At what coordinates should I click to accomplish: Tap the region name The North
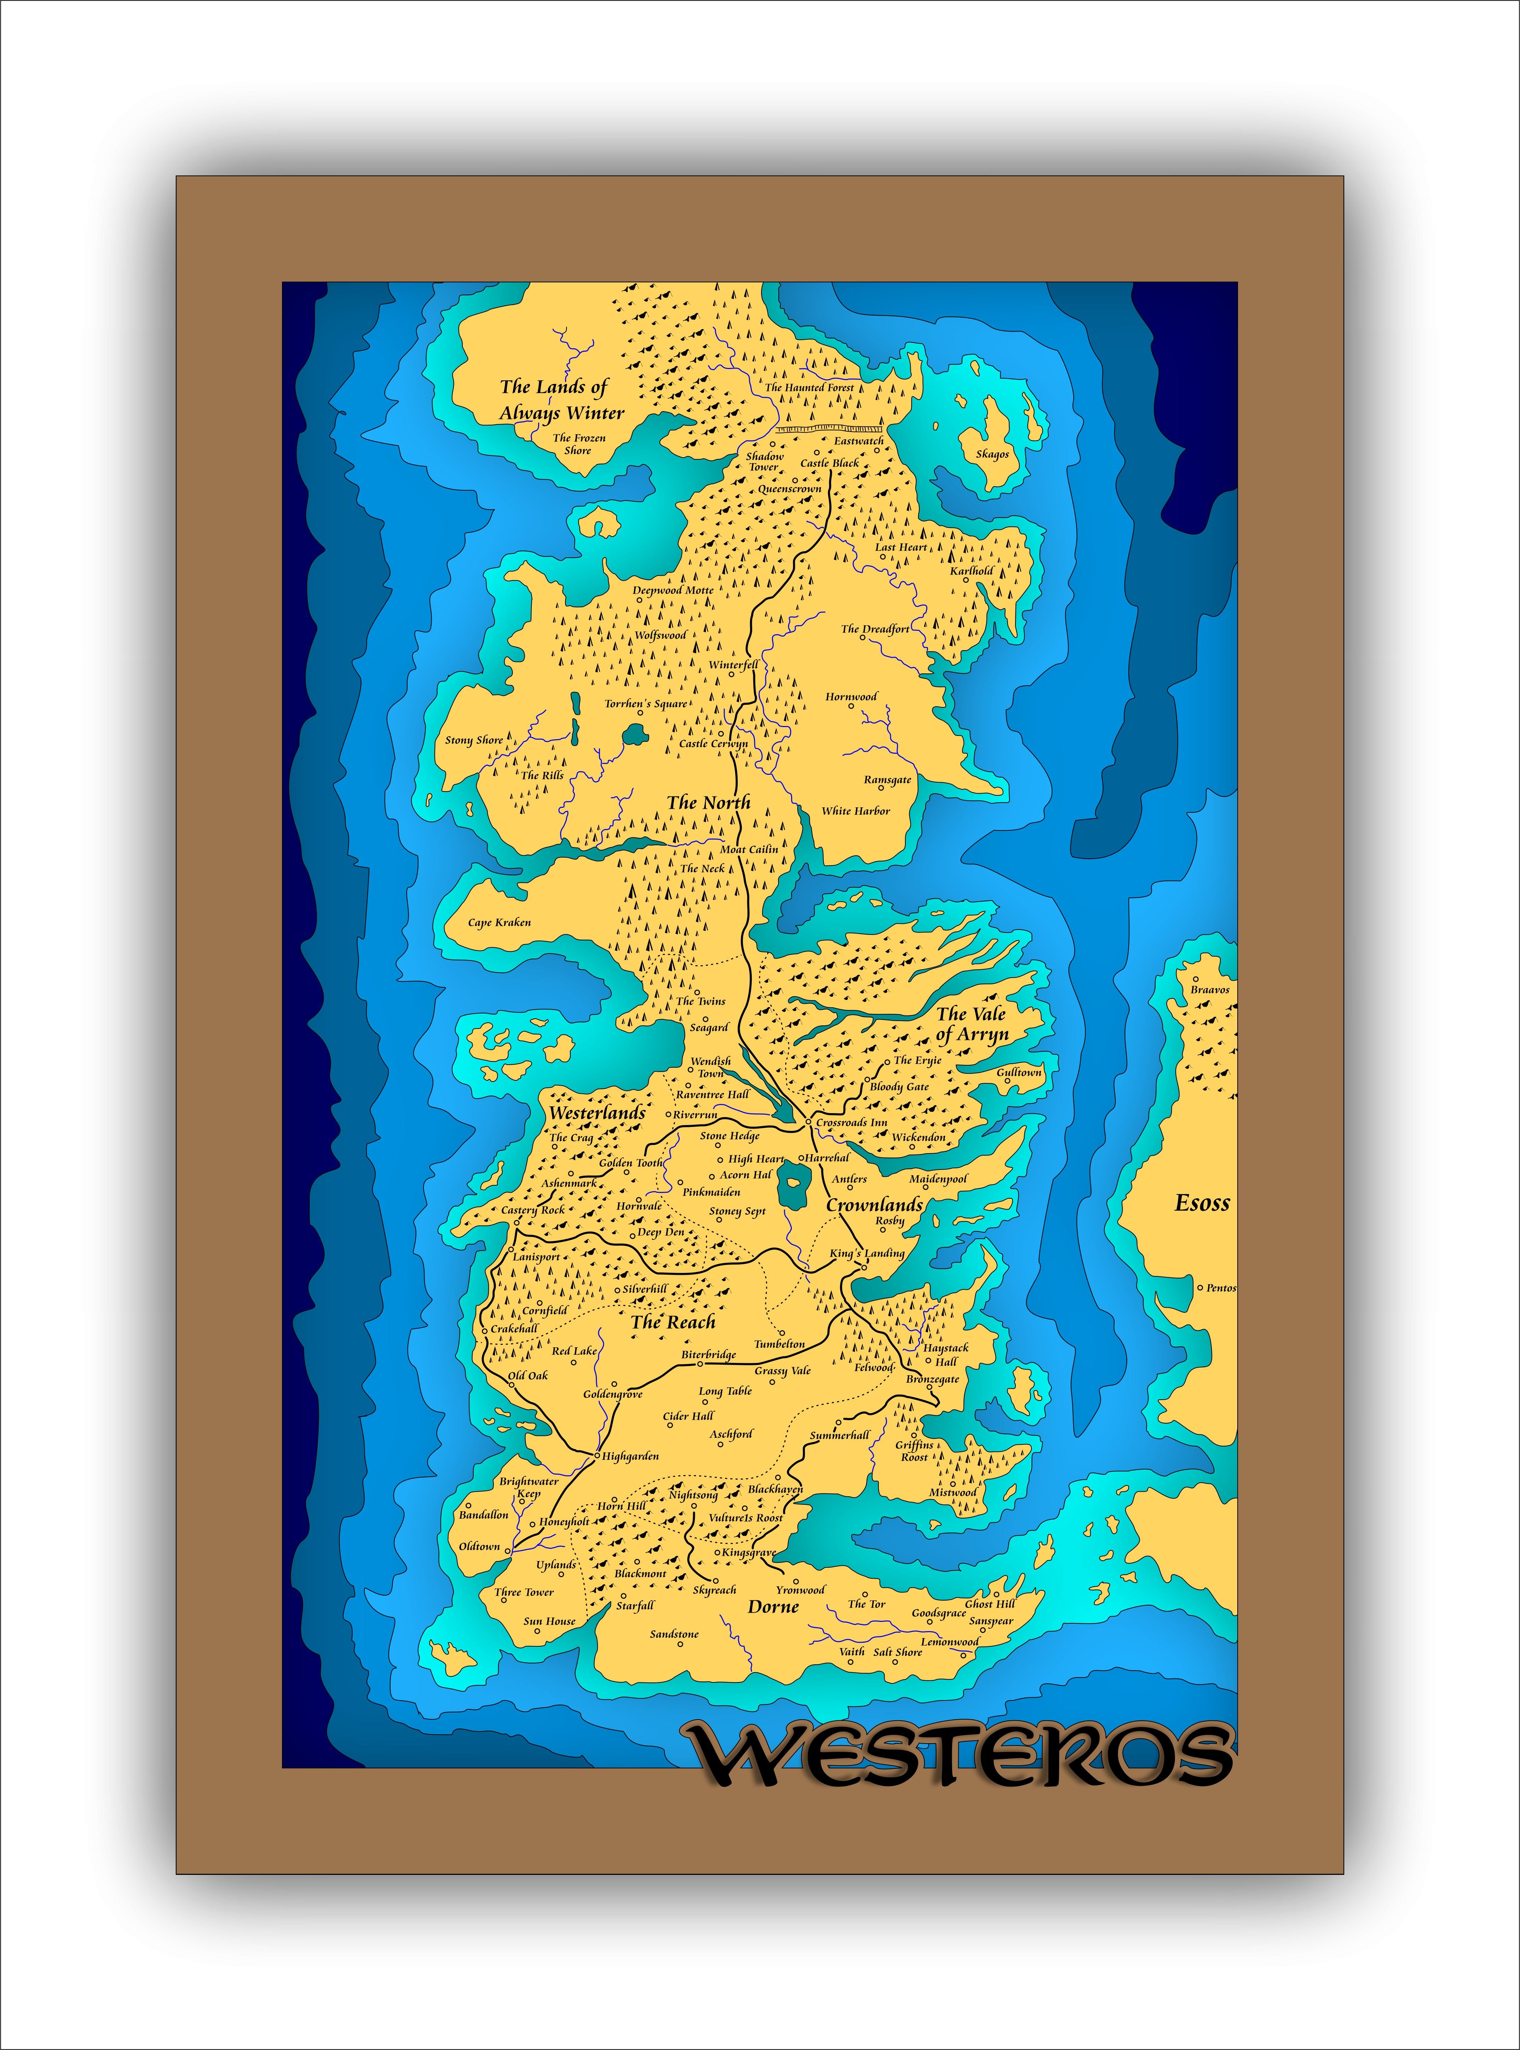[x=708, y=802]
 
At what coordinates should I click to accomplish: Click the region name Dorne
[x=773, y=1607]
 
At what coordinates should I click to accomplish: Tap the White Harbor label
[x=856, y=811]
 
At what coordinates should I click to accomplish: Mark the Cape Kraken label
[x=500, y=922]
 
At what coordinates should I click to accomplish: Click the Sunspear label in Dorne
[x=991, y=1621]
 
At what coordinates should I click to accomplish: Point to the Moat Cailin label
[x=749, y=849]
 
